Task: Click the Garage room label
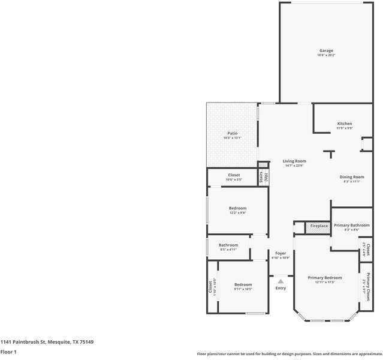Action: (325, 50)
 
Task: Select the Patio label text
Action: (232, 133)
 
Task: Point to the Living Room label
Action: (294, 161)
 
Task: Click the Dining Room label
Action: (352, 177)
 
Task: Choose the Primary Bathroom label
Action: (351, 225)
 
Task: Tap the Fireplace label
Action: (319, 226)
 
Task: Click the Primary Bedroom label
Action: (324, 278)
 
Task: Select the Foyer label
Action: (281, 253)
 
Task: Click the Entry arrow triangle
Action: (281, 281)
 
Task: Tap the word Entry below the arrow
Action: (281, 288)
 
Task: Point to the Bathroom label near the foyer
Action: (228, 245)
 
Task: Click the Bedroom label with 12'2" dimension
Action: (237, 208)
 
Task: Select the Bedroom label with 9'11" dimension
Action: (243, 284)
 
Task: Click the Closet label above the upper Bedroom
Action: (234, 175)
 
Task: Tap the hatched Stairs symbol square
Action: (263, 164)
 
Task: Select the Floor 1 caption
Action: (8, 352)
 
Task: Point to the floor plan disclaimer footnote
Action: (289, 353)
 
